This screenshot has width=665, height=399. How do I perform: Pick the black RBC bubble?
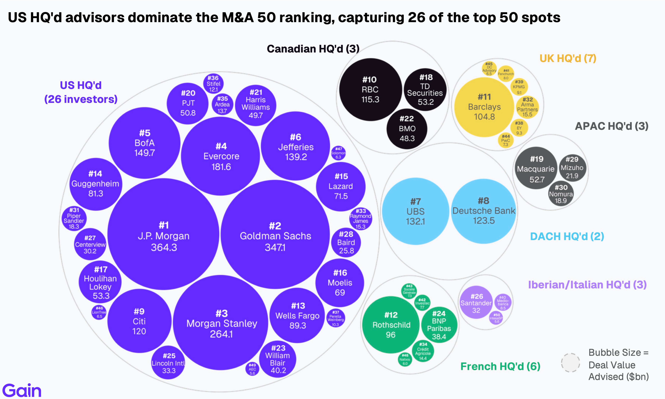(x=370, y=89)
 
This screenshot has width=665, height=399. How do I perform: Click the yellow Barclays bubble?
(x=484, y=107)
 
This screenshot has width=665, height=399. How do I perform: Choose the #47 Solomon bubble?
(x=338, y=153)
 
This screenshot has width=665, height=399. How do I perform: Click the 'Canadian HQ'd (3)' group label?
(x=313, y=49)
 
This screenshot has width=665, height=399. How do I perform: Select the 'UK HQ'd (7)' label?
(x=568, y=58)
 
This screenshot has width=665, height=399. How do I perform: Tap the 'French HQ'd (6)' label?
(x=500, y=366)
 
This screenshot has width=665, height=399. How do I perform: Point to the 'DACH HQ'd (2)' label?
(x=567, y=236)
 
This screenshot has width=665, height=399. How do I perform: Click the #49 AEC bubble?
(x=252, y=369)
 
